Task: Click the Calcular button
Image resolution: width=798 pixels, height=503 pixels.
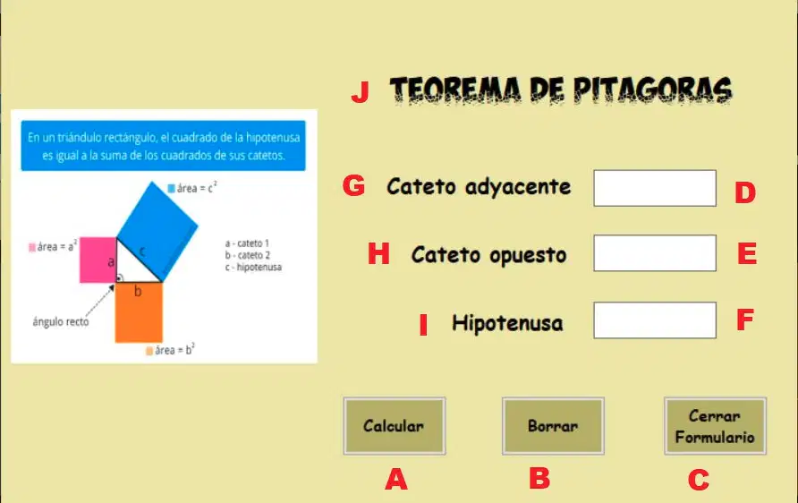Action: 395,426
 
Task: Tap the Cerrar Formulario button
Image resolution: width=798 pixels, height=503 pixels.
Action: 715,426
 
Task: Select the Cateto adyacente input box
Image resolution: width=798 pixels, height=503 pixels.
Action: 655,188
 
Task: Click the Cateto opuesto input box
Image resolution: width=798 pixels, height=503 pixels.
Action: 655,253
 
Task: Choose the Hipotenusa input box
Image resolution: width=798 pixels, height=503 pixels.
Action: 655,320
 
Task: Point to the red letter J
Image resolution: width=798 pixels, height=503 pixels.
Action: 361,92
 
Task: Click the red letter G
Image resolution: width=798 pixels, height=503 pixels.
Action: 353,185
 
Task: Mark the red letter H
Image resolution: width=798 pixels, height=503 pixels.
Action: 378,253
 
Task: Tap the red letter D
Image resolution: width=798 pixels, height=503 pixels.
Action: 745,193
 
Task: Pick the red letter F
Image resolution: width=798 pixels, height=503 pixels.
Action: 745,320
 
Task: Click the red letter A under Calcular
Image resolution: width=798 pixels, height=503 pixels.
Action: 396,479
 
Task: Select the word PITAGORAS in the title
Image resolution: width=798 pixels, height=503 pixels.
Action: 652,90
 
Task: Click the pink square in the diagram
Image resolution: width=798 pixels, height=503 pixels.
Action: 98,260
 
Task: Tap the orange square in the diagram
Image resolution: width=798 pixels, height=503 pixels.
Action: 139,312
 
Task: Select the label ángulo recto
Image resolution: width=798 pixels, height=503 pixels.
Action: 61,321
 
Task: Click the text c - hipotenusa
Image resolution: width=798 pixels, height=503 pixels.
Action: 253,268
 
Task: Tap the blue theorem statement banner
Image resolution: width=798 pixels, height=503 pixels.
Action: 164,146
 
